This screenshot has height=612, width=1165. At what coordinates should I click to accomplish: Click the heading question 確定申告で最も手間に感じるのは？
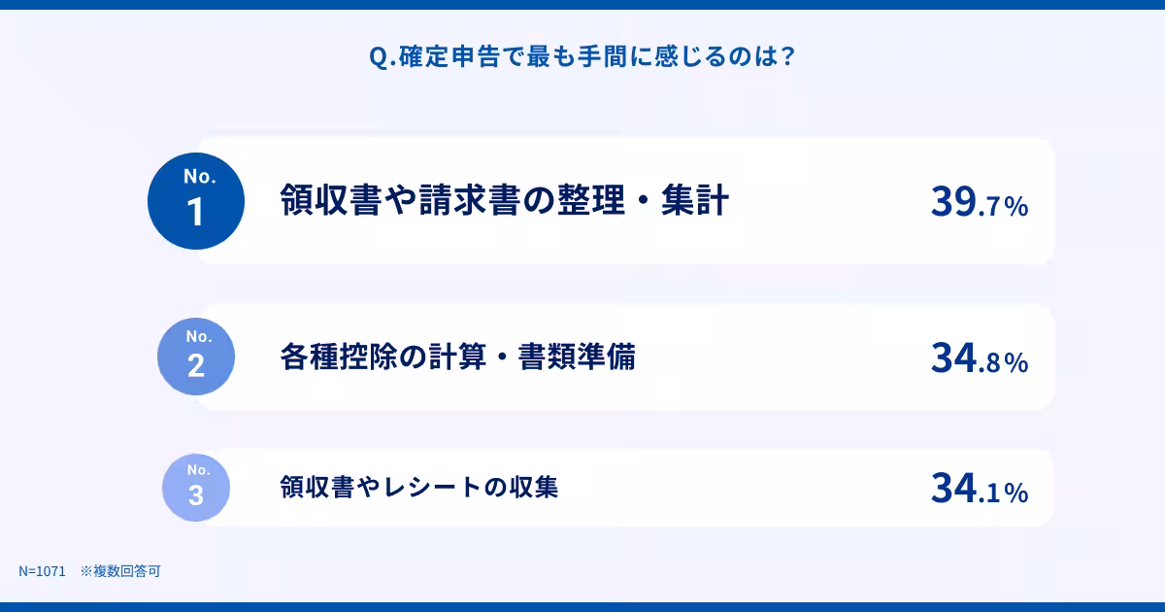click(x=582, y=57)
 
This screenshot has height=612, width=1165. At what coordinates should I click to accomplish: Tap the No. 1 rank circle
click(x=196, y=201)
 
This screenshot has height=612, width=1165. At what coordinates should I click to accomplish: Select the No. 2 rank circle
click(x=196, y=357)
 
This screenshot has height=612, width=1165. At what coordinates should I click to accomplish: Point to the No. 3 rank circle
click(x=196, y=487)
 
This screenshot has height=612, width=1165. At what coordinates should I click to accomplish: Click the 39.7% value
click(x=978, y=202)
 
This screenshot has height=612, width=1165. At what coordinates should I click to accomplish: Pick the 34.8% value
click(x=978, y=358)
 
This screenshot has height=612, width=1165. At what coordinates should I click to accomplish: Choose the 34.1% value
click(x=978, y=489)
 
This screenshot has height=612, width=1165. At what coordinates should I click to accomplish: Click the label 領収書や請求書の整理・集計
click(x=504, y=201)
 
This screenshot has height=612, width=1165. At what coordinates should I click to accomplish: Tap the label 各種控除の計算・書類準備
click(x=457, y=357)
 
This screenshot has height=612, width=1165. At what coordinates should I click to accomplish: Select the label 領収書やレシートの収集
click(x=418, y=487)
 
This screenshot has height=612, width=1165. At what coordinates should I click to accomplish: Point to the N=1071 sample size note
click(x=42, y=571)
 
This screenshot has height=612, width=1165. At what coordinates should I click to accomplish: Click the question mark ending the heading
click(x=787, y=57)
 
